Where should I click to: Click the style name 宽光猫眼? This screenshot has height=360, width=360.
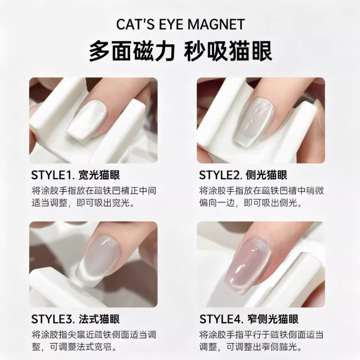[x=99, y=175]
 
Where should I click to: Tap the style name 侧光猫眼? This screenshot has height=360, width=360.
[x=266, y=175]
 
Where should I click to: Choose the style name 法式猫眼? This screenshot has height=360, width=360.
[x=99, y=319]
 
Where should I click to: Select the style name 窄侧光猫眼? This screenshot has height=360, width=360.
[x=273, y=319]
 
